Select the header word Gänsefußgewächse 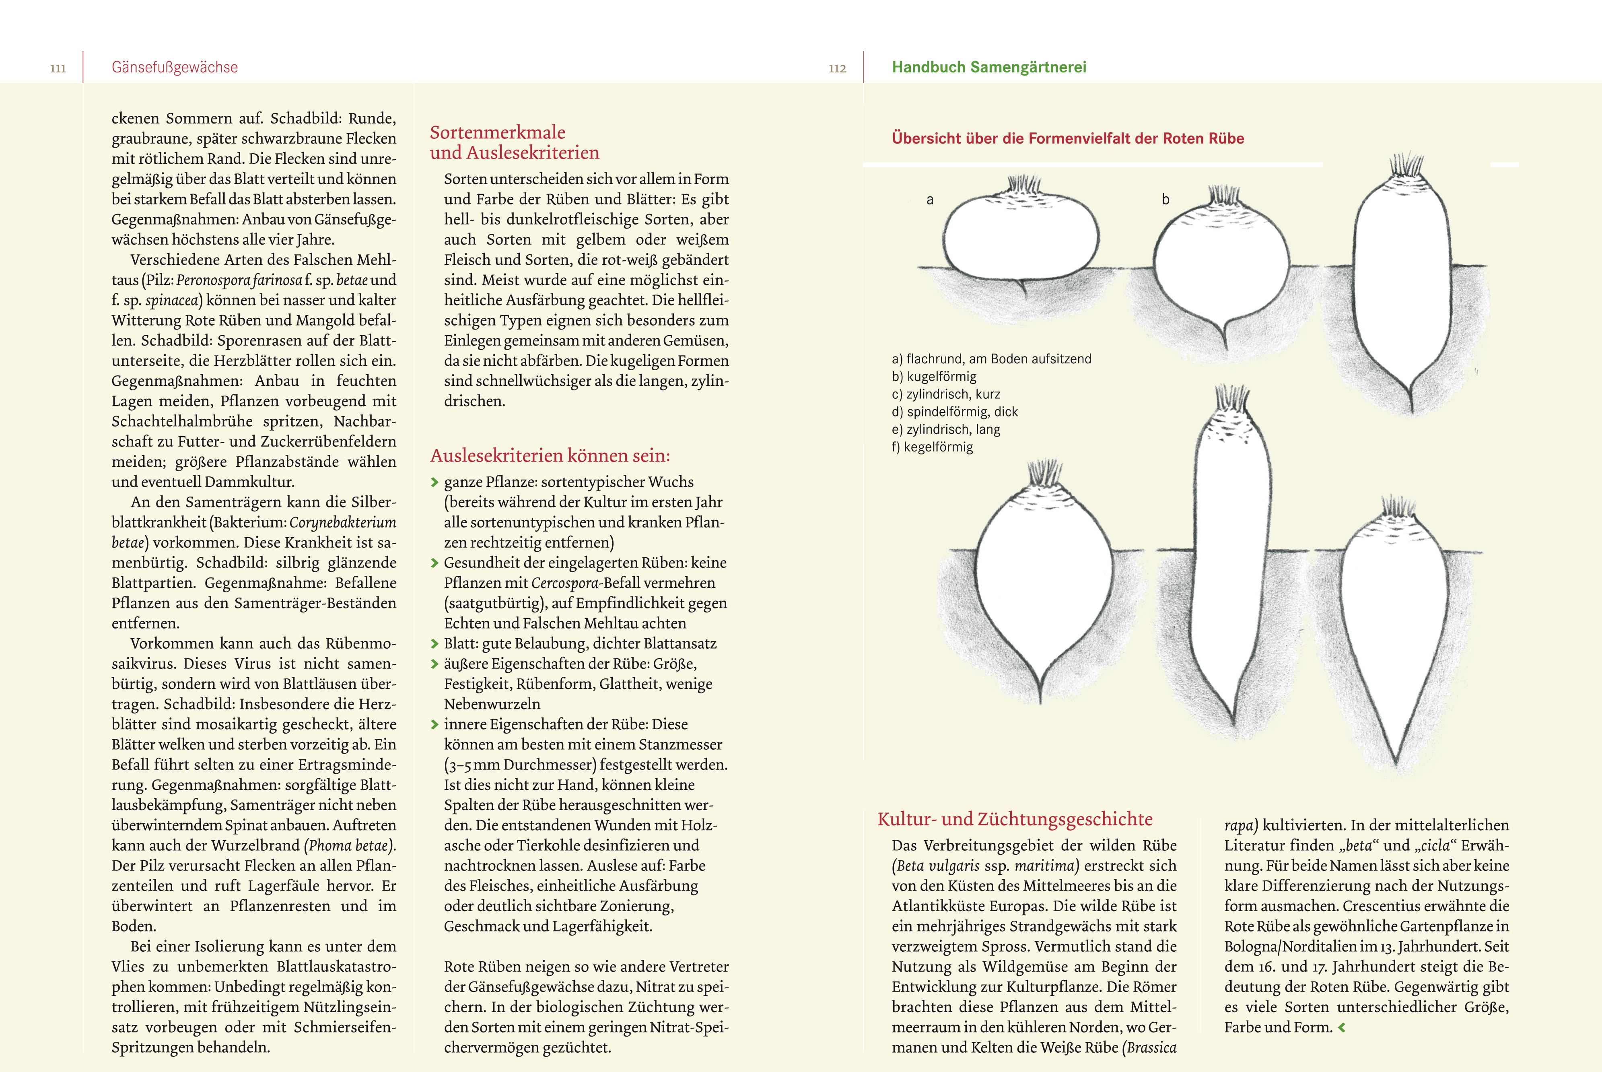tap(175, 67)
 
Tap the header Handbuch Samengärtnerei tap(989, 67)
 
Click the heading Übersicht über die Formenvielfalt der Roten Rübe tap(1068, 138)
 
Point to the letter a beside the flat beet tap(929, 200)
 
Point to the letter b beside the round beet tap(1165, 200)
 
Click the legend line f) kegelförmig tap(932, 447)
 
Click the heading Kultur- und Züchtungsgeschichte tap(1015, 819)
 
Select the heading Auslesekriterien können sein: tap(550, 456)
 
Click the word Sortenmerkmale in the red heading tap(498, 132)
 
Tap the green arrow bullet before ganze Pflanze tap(434, 482)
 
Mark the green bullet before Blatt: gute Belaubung tap(434, 644)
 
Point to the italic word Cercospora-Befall tap(566, 583)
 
